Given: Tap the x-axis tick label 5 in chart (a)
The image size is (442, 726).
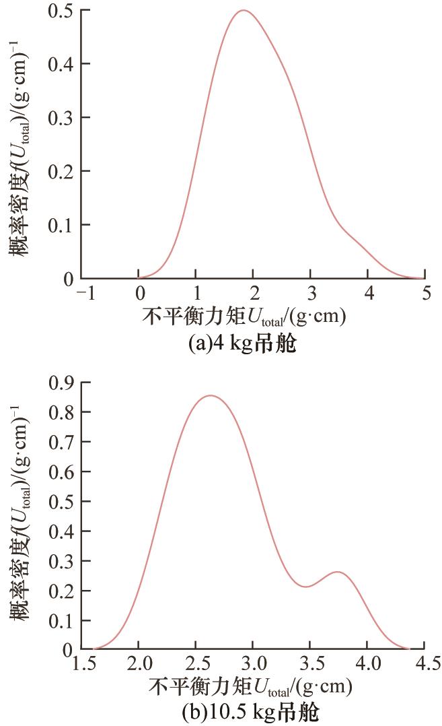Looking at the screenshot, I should (425, 294).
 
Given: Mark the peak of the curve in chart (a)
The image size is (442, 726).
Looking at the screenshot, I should (243, 11).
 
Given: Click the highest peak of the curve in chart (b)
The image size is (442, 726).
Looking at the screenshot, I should (211, 396).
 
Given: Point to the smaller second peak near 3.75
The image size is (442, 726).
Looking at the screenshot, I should (338, 572).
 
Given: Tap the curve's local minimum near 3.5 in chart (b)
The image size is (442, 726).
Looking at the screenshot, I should (306, 587).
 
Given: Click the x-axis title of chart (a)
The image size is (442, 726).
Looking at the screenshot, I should (244, 317).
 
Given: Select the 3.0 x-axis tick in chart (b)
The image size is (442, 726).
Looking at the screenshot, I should (252, 667).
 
